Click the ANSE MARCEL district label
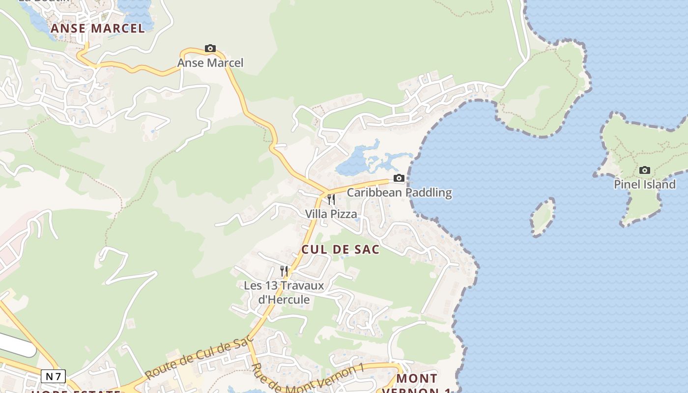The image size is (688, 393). [x=98, y=28]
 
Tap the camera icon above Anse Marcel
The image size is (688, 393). [x=210, y=48]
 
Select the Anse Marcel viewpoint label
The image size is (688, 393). [x=210, y=63]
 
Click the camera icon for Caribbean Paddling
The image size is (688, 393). [x=399, y=178]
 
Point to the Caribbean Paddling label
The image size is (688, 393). [x=399, y=192]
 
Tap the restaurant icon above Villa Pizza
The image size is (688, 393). [x=331, y=199]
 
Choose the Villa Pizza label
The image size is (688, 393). [x=331, y=214]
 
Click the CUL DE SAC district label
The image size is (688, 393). [x=341, y=250]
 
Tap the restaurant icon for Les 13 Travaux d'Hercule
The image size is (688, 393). [x=284, y=271]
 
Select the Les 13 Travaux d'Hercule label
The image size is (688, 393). [x=284, y=292]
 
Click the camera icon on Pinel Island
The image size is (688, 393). [x=645, y=170]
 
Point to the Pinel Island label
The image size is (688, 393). [x=645, y=185]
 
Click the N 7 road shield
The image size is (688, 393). [x=53, y=376]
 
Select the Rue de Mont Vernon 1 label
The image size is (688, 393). [x=307, y=378]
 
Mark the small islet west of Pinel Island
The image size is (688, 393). [x=543, y=217]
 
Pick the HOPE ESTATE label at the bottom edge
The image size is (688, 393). [x=76, y=391]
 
